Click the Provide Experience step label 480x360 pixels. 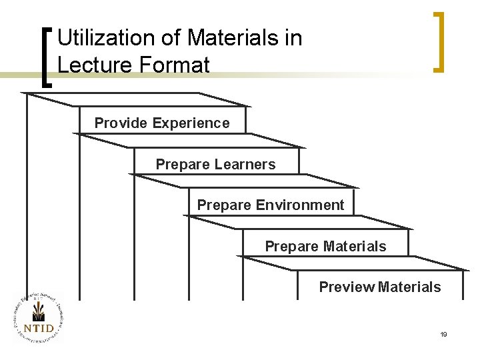(x=162, y=123)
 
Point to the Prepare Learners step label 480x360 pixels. (x=215, y=165)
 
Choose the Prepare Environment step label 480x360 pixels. (x=271, y=205)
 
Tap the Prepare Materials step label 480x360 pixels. (x=325, y=247)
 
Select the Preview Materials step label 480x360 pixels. (x=380, y=287)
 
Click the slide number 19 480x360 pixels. (x=443, y=334)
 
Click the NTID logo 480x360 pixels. (x=37, y=317)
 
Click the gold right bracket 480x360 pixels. (x=439, y=41)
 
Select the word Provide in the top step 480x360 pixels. (x=121, y=123)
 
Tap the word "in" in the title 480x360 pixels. (x=293, y=38)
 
